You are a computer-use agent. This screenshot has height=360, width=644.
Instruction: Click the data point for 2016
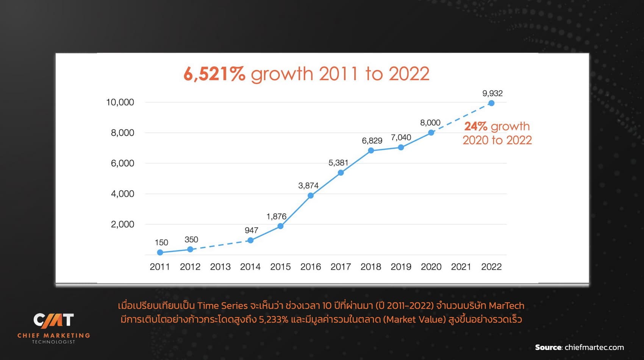coord(311,196)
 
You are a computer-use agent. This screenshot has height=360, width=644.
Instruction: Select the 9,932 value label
coord(492,94)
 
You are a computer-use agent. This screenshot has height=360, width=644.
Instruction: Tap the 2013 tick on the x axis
coord(220,267)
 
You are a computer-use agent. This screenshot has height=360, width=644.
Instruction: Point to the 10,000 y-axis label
coord(120,102)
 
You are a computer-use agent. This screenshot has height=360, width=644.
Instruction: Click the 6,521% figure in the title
coord(214,74)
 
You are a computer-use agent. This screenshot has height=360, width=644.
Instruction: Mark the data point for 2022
coord(491,103)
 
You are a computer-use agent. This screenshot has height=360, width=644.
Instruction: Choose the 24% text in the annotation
coord(475,126)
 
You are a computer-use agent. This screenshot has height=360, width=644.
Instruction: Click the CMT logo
coord(53,320)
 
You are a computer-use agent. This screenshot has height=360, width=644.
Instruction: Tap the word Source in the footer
coord(548,347)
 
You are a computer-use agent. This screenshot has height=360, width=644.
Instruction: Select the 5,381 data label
coord(338,163)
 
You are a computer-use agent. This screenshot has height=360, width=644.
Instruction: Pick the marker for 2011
coord(160,252)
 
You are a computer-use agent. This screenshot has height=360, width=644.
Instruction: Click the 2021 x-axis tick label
coord(461,267)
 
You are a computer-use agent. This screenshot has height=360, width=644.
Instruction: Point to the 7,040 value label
coord(401,137)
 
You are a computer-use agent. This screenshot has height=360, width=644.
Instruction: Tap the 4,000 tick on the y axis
coord(122,194)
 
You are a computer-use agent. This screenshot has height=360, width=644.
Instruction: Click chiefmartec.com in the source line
coord(594,347)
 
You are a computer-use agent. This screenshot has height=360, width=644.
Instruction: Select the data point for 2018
coord(371,151)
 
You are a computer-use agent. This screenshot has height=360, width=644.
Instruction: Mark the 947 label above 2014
coord(251,230)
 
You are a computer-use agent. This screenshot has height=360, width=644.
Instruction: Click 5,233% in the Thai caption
coord(273,319)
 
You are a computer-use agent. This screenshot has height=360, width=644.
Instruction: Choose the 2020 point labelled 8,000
coord(431,133)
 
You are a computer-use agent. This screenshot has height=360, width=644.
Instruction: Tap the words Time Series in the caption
coord(222,305)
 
